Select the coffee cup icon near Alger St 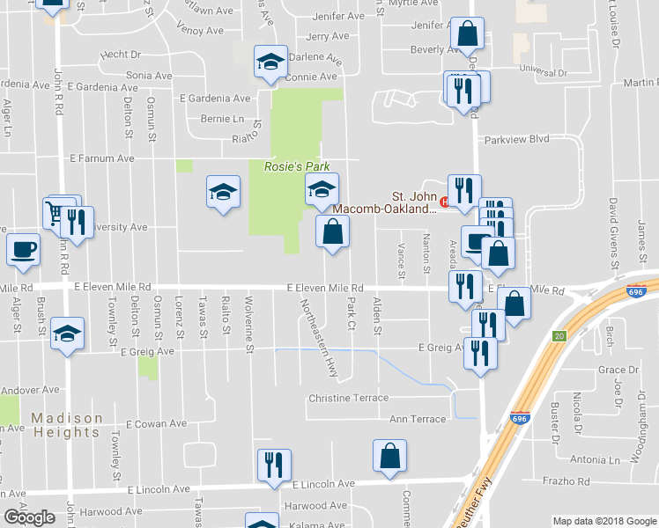click(23, 248)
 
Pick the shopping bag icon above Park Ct click(332, 232)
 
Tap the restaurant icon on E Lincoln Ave click(273, 464)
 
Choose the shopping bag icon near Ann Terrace click(389, 457)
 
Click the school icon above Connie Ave click(270, 62)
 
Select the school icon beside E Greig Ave click(67, 334)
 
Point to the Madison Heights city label click(67, 425)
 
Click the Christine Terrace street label click(348, 398)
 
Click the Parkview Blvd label click(514, 139)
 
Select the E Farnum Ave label click(101, 158)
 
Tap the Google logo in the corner click(29, 517)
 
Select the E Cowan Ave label click(156, 423)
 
